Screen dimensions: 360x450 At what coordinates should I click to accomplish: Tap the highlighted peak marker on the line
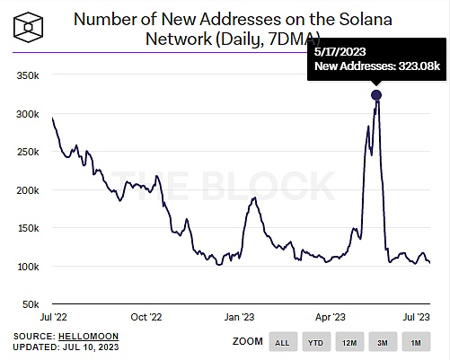pyautogui.click(x=375, y=95)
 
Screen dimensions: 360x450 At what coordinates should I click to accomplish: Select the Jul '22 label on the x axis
pyautogui.click(x=53, y=317)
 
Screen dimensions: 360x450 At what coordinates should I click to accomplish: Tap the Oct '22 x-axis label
pyautogui.click(x=146, y=317)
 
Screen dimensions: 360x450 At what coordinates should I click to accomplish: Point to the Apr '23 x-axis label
pyautogui.click(x=331, y=317)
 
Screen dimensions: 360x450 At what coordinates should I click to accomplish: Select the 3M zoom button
pyautogui.click(x=384, y=342)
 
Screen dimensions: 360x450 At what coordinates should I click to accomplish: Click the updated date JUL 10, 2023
pyautogui.click(x=96, y=347)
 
